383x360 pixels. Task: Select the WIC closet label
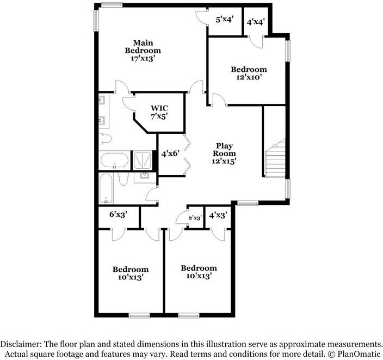[159, 107]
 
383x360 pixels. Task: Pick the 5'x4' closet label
[225, 20]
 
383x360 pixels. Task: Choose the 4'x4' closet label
[256, 22]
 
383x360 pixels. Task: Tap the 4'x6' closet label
[170, 154]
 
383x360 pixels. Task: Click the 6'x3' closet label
[119, 215]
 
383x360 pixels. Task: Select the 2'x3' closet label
[195, 217]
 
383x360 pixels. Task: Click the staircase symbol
[275, 159]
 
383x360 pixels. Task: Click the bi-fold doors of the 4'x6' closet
[187, 154]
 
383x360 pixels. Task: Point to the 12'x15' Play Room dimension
[225, 161]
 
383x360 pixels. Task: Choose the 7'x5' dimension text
[159, 115]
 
